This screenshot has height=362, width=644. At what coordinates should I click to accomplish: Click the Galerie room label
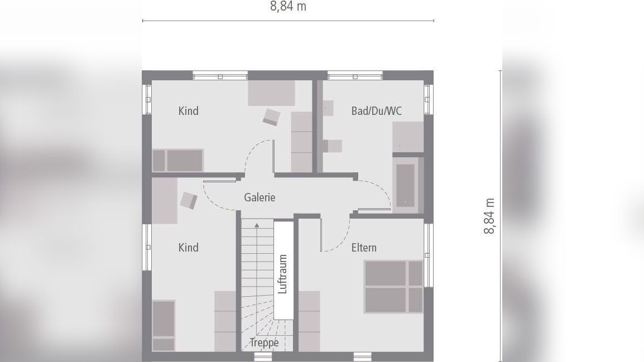(x=259, y=197)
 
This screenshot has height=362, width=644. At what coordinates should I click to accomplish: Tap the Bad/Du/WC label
(x=376, y=111)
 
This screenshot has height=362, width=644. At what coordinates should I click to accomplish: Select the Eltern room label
(x=364, y=248)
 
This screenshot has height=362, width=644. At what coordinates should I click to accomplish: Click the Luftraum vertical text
(x=283, y=274)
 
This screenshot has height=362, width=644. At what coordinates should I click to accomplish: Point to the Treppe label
(x=264, y=343)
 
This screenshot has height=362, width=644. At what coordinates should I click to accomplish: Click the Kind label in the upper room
(x=189, y=111)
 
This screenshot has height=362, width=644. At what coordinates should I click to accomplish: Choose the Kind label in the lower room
(x=189, y=248)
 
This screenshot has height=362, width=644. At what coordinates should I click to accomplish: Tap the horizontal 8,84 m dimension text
(x=288, y=7)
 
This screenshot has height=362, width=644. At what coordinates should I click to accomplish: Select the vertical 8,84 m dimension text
(x=489, y=215)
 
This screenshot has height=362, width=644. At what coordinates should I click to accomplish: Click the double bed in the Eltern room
(x=393, y=287)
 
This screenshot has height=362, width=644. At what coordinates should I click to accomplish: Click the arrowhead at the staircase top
(x=257, y=225)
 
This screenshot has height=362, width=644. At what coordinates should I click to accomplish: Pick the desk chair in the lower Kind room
(x=189, y=201)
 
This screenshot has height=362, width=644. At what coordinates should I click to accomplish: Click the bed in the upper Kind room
(x=178, y=161)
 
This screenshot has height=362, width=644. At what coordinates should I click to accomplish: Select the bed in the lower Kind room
(x=164, y=325)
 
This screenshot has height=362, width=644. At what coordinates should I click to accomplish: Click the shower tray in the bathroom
(x=408, y=137)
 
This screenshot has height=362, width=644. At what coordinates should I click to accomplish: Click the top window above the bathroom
(x=354, y=75)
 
